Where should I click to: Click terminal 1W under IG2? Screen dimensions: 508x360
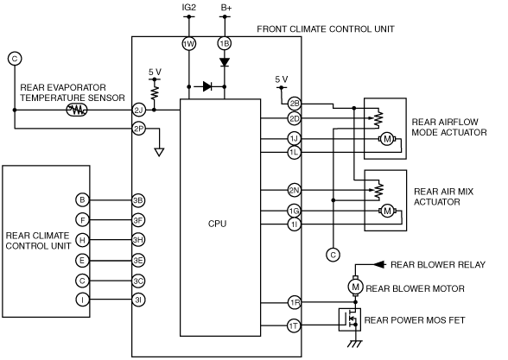pyautogui.click(x=189, y=44)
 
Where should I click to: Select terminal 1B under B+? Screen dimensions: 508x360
pyautogui.click(x=225, y=44)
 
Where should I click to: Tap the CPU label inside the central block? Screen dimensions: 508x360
pyautogui.click(x=217, y=224)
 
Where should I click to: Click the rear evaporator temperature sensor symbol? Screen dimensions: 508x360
pyautogui.click(x=77, y=111)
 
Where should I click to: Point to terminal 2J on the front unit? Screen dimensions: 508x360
pyautogui.click(x=138, y=111)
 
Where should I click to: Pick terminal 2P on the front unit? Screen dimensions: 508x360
pyautogui.click(x=138, y=129)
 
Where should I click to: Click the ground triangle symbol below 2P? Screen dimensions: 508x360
pyautogui.click(x=159, y=152)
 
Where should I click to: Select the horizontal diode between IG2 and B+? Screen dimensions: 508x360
pyautogui.click(x=207, y=86)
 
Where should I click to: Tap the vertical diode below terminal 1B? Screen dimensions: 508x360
pyautogui.click(x=225, y=62)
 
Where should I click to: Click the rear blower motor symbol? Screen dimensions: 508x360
pyautogui.click(x=355, y=287)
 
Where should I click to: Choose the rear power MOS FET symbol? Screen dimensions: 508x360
pyautogui.click(x=350, y=319)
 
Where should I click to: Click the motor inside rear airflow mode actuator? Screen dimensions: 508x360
pyautogui.click(x=387, y=139)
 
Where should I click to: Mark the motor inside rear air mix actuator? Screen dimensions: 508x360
pyautogui.click(x=387, y=212)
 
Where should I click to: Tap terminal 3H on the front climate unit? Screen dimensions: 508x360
pyautogui.click(x=138, y=240)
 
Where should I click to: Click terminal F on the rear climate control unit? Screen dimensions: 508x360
pyautogui.click(x=82, y=220)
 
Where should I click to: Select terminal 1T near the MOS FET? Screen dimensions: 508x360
pyautogui.click(x=294, y=325)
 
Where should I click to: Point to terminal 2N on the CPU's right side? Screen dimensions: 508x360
pyautogui.click(x=294, y=190)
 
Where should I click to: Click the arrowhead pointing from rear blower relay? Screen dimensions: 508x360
pyautogui.click(x=380, y=264)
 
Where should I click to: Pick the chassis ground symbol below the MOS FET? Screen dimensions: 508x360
pyautogui.click(x=355, y=344)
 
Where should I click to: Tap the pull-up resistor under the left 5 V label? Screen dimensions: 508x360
pyautogui.click(x=155, y=92)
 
